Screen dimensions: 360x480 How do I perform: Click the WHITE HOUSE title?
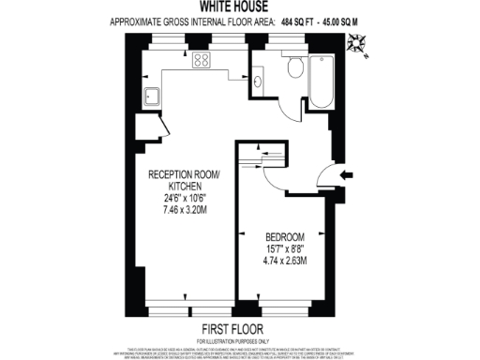click(240, 7)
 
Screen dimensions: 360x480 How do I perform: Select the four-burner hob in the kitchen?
click(202, 61)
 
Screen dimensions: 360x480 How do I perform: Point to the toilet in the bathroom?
click(294, 65)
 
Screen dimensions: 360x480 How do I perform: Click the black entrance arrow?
click(346, 174)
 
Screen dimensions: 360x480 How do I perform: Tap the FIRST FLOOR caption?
click(240, 328)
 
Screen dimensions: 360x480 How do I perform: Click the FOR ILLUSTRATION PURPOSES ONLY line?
click(240, 339)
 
